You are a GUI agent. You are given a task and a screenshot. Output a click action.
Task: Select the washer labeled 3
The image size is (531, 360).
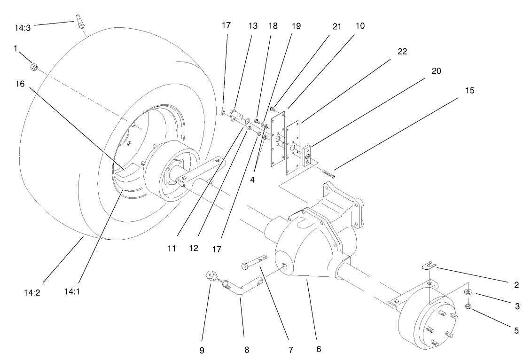coord(469,292)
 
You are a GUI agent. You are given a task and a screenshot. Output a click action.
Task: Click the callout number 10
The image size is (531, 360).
coord(359,26)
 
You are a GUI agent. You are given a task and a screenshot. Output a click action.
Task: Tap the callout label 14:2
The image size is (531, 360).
coord(32,291)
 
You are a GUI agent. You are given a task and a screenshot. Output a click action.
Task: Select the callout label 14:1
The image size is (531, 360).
coord(72,291)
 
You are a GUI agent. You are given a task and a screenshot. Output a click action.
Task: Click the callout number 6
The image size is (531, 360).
coord(319,349)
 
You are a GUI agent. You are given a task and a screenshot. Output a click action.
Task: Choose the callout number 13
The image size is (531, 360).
coord(253,26)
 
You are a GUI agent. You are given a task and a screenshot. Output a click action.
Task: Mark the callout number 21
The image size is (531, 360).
coord(336,26)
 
